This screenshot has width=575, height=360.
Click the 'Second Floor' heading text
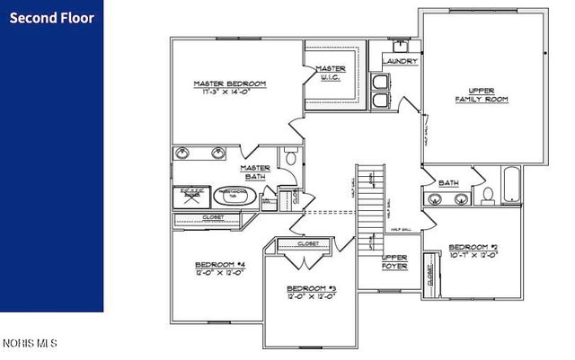[x=51, y=17]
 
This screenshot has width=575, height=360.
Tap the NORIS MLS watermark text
[x=29, y=343]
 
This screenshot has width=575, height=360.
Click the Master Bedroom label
[x=230, y=84]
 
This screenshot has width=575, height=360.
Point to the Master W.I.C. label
[x=331, y=73]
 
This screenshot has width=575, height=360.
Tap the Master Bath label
[x=256, y=172]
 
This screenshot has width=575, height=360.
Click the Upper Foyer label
[x=395, y=262]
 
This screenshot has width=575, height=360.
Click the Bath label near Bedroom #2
[x=448, y=183]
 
